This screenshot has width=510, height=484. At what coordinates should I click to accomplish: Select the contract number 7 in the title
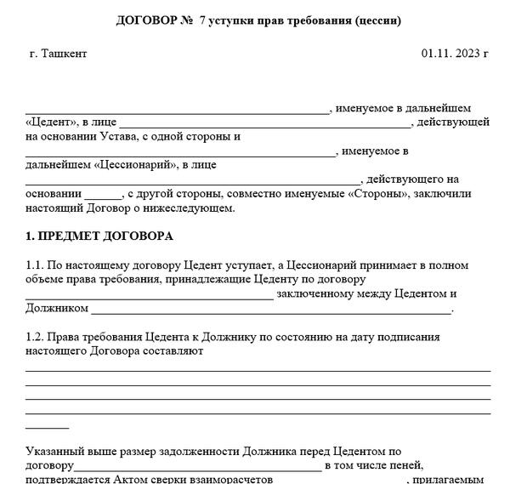click(x=202, y=20)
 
